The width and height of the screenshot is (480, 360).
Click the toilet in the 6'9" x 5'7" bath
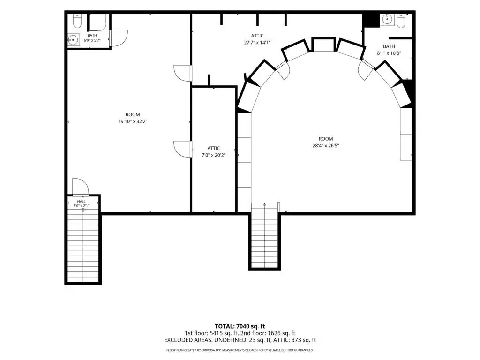point(77,21)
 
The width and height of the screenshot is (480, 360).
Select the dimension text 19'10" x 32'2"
point(133,121)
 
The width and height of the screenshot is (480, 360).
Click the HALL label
point(82,202)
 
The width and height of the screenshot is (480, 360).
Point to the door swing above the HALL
point(80,186)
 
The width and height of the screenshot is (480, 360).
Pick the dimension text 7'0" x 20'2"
point(214,155)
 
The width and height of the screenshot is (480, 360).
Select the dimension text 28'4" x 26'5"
point(326,146)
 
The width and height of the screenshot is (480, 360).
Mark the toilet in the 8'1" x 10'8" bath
point(401,21)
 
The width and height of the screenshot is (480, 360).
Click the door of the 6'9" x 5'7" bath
point(119,38)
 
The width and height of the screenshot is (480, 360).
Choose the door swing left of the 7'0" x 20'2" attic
point(183,149)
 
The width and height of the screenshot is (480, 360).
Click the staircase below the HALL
point(83,247)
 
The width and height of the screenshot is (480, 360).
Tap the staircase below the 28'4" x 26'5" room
point(265,236)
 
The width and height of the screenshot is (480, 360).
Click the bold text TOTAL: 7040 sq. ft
point(240,326)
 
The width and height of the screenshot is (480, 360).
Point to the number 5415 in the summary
point(217,333)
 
